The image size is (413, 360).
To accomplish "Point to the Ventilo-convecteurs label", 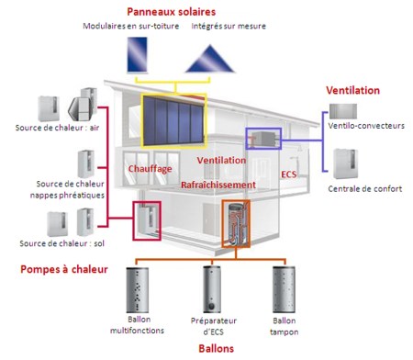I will click(364, 125).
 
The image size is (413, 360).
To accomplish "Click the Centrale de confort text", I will click(363, 189).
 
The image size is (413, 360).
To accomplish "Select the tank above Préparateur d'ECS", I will click(212, 288).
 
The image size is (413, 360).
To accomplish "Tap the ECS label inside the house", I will click(289, 172).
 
